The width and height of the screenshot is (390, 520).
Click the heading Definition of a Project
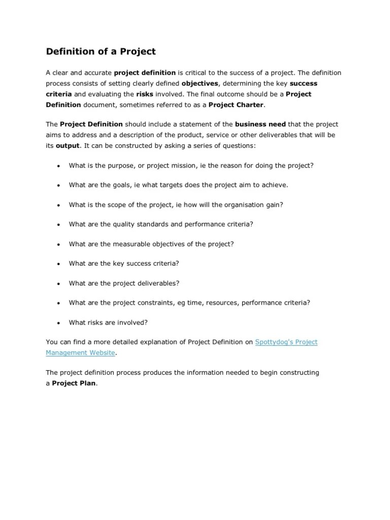[101, 51]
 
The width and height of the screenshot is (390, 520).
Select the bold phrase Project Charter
[238, 105]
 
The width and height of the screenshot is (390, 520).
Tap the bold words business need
[261, 124]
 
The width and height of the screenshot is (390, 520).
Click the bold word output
[68, 145]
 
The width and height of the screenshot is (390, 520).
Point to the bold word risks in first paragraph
[145, 94]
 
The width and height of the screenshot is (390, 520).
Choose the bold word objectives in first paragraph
[200, 83]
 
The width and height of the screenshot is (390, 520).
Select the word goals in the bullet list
[110, 185]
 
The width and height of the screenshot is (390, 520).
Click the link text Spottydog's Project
[286, 342]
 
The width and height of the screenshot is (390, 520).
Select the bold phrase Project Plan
[74, 383]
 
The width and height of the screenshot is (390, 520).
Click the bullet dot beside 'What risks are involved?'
[59, 323]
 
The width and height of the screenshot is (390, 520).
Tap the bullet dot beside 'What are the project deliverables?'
[59, 284]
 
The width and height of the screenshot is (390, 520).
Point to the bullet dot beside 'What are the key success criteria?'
[59, 264]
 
